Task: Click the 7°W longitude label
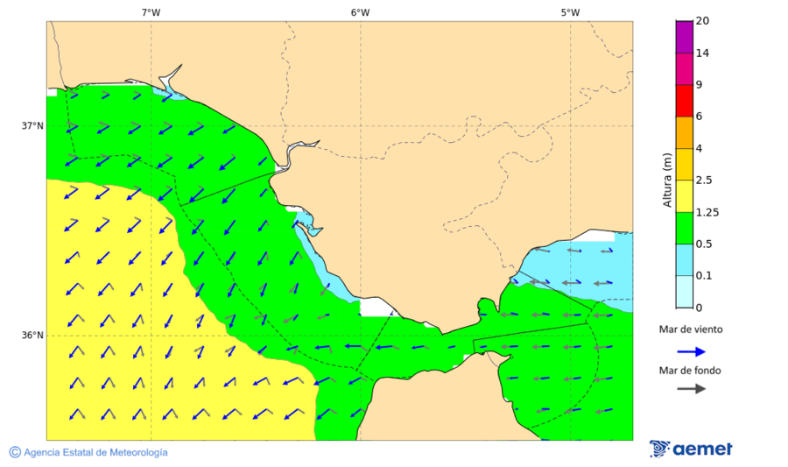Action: coord(151,12)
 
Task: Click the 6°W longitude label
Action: coord(360,12)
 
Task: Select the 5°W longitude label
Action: coord(570,12)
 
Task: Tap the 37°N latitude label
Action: coord(32,125)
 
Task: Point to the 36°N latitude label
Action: coord(32,335)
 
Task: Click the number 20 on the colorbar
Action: coord(701,21)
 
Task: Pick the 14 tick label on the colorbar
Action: coord(701,53)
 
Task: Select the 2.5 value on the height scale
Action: coord(703,180)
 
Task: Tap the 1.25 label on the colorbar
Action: coord(706,212)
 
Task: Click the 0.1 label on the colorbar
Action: coord(703,276)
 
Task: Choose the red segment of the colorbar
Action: coord(684,101)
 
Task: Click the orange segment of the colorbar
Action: coord(684,132)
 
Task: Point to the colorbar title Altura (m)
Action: coord(667,180)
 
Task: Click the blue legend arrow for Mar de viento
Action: coord(692,351)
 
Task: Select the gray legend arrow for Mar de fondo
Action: coord(692,388)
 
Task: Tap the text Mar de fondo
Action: coord(691,370)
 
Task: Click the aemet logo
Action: coord(692,449)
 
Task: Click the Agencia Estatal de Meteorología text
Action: coord(95,452)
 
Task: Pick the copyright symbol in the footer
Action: coord(15,452)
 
